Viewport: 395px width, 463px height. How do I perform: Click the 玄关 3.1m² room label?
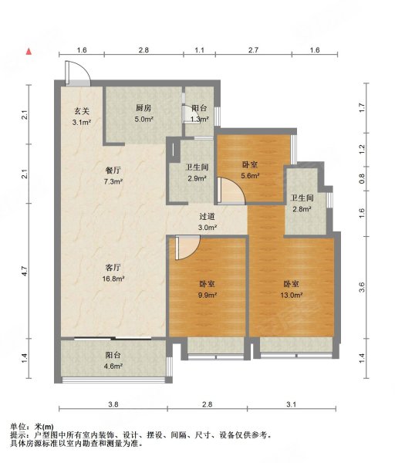(82, 117)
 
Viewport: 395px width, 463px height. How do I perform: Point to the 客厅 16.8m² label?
(113, 274)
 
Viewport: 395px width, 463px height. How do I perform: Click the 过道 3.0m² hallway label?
(207, 222)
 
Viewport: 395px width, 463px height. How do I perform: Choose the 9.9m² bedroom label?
(207, 289)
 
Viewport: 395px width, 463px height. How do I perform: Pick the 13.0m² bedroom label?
(291, 289)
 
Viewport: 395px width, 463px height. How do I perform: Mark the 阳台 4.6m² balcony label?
(113, 360)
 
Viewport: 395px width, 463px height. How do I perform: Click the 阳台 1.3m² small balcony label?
(199, 114)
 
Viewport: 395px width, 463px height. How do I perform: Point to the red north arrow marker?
(29, 52)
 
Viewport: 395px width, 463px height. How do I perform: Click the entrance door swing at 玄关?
(79, 74)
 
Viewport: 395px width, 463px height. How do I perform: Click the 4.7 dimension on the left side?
(25, 272)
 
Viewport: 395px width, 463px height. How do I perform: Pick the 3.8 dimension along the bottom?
(113, 404)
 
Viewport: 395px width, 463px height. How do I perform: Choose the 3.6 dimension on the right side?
(362, 287)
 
